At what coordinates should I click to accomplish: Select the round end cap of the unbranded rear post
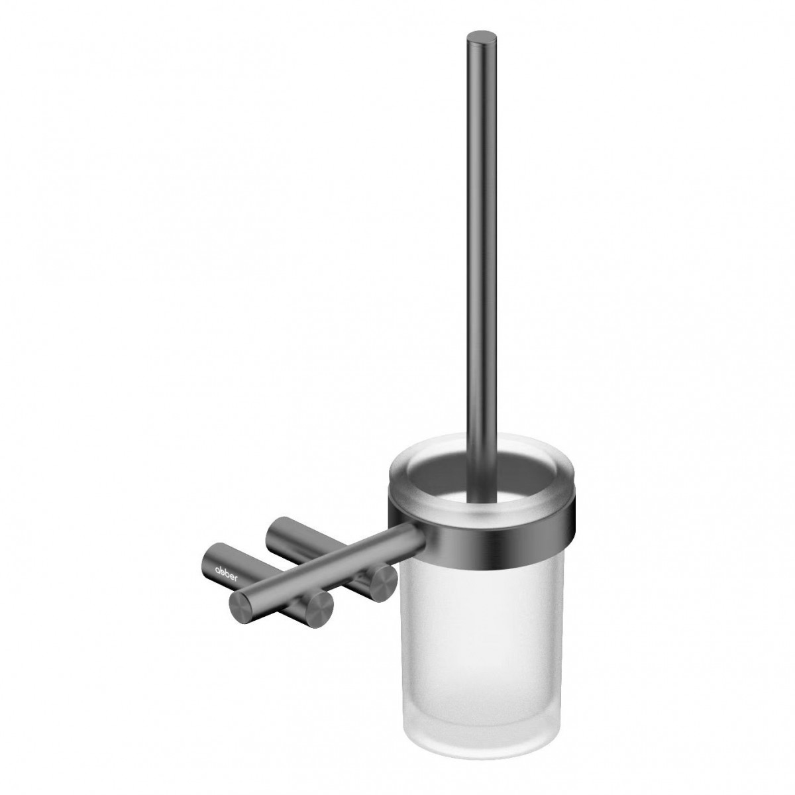click(382, 581)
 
